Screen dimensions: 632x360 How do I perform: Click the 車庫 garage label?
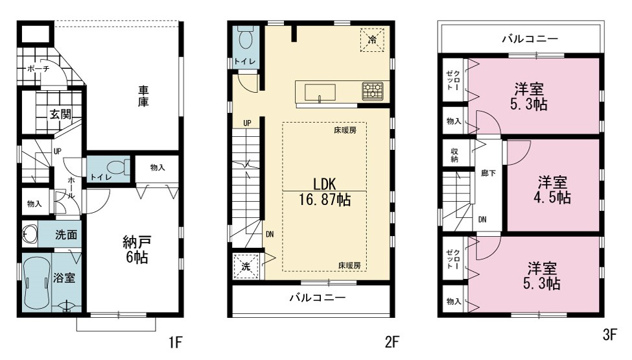(143, 96)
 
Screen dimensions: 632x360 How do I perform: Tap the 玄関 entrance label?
(60, 114)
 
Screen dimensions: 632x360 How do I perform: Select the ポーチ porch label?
(38, 69)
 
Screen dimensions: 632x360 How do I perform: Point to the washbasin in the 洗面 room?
(29, 234)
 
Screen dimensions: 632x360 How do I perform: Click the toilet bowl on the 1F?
(118, 167)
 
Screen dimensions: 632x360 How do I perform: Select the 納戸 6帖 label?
(137, 250)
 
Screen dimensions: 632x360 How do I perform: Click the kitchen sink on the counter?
(320, 92)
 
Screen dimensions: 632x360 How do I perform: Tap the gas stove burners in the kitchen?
(373, 91)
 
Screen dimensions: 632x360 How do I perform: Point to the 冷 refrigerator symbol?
(372, 40)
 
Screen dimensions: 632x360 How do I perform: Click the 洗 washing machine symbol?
(246, 266)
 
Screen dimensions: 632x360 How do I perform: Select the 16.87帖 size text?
(325, 200)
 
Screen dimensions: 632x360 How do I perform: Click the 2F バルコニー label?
(318, 298)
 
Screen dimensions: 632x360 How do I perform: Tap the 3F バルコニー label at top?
(530, 39)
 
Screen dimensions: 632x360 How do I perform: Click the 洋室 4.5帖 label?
(552, 190)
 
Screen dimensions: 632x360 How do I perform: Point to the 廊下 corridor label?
(488, 173)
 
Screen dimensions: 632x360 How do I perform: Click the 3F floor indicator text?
(610, 334)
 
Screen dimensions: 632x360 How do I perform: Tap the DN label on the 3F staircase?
(482, 220)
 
